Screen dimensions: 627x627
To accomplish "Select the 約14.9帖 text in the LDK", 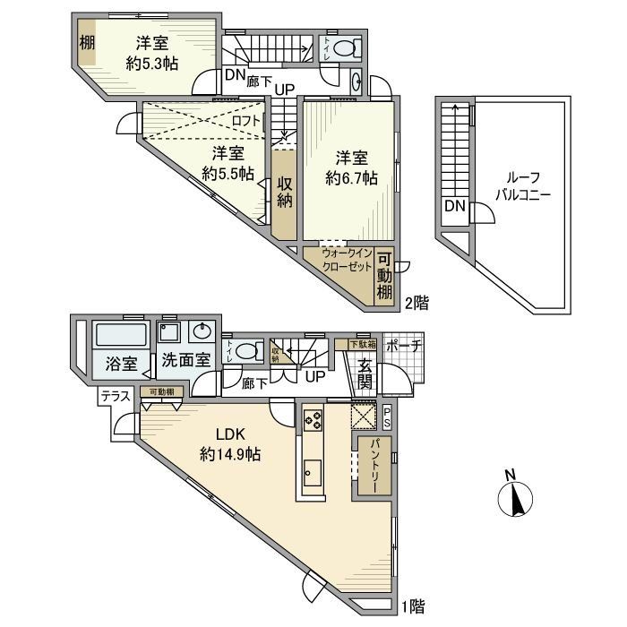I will [230, 454].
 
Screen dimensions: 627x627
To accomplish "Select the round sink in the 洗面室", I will [201, 332].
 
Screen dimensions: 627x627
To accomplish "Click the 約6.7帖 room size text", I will [350, 178].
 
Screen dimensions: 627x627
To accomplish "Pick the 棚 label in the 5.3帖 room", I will [85, 44].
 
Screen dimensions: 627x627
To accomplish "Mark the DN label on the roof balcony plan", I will [454, 207].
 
